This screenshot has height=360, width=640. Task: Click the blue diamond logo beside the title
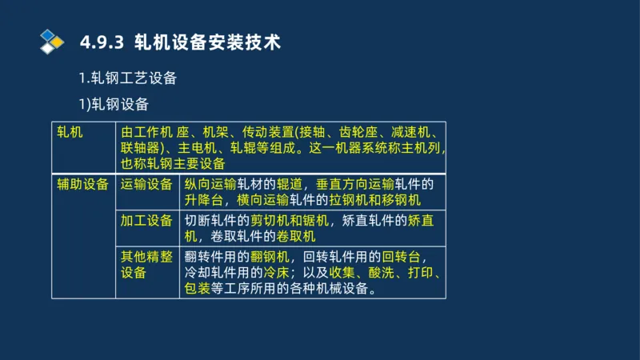click(52, 41)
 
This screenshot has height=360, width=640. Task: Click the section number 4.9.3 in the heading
click(102, 42)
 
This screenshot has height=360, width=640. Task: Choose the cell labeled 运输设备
click(146, 184)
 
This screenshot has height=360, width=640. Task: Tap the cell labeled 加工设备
click(146, 221)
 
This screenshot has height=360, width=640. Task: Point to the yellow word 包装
click(198, 289)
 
